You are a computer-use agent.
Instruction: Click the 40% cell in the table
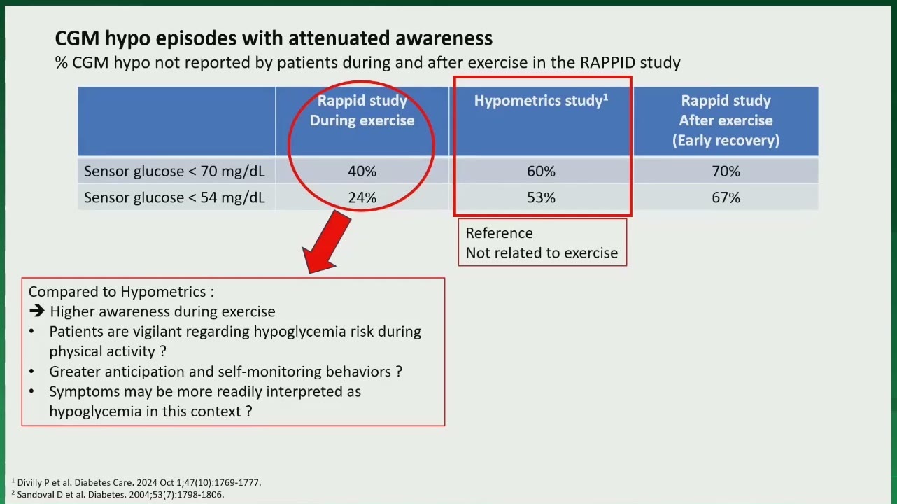(362, 171)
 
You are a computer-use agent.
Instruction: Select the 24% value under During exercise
(362, 197)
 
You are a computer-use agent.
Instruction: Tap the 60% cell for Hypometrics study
(541, 171)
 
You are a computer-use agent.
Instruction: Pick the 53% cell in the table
(541, 197)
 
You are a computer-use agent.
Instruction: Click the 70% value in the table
(726, 171)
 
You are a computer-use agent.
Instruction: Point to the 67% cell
(726, 197)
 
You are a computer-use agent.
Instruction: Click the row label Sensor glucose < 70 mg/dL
(174, 171)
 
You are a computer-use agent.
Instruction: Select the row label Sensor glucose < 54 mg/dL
(174, 198)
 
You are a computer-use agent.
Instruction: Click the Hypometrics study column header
(541, 101)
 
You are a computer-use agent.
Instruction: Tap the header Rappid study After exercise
(726, 120)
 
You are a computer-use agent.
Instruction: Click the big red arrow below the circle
(326, 242)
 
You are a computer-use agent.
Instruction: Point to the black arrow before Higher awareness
(37, 311)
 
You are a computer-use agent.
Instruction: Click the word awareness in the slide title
(444, 38)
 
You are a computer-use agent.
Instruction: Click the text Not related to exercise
(542, 253)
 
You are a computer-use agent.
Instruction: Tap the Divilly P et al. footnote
(136, 482)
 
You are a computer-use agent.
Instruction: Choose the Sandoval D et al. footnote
(118, 494)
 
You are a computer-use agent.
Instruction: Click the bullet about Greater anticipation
(225, 372)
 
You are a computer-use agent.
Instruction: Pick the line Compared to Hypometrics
(121, 292)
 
